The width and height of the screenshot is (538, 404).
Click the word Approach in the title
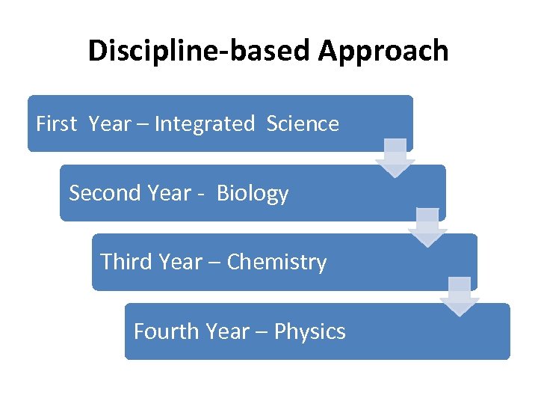click(x=383, y=52)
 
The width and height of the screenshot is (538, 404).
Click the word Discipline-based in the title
click(x=200, y=52)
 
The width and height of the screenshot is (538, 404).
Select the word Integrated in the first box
click(x=204, y=124)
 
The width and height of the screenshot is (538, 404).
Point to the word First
click(x=56, y=124)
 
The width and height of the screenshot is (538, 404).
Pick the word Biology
click(x=253, y=193)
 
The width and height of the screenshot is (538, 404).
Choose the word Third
click(x=124, y=262)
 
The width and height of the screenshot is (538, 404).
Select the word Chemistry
click(x=276, y=262)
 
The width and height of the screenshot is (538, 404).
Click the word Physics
click(x=309, y=331)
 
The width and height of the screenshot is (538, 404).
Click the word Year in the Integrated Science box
click(x=109, y=124)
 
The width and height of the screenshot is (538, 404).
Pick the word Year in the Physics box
click(x=231, y=331)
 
